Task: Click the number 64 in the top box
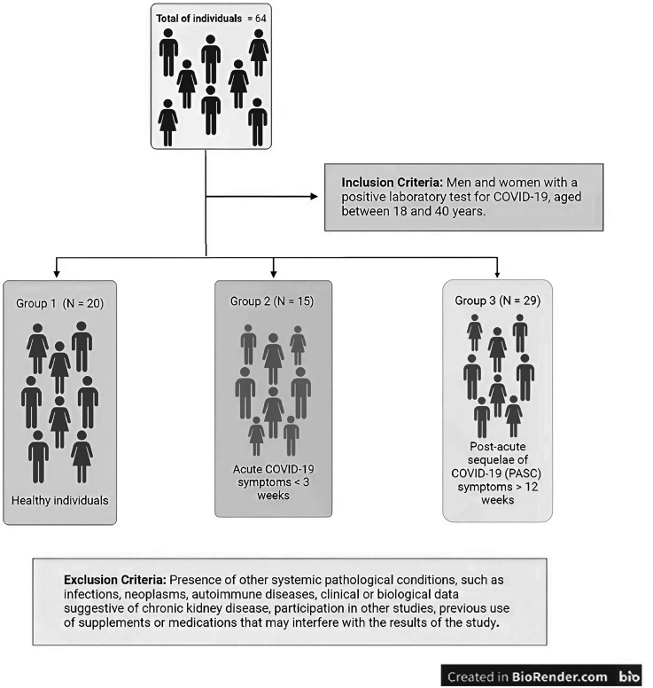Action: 264,20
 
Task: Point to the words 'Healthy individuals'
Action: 60,501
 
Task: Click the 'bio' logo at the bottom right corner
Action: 630,676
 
